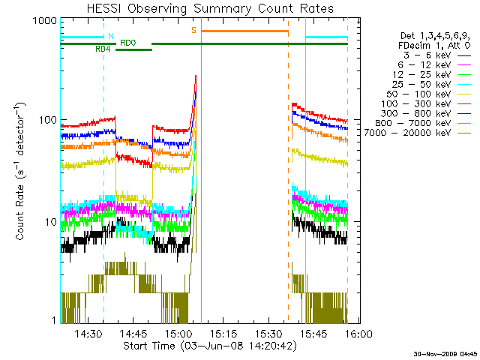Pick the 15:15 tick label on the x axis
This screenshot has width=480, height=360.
[x=223, y=333]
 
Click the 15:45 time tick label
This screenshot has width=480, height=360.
[x=312, y=333]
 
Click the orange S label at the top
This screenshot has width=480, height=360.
[x=193, y=30]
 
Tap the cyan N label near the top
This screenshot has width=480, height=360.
[x=111, y=36]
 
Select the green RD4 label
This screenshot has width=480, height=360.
[x=103, y=49]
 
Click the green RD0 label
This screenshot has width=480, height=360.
[x=128, y=43]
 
